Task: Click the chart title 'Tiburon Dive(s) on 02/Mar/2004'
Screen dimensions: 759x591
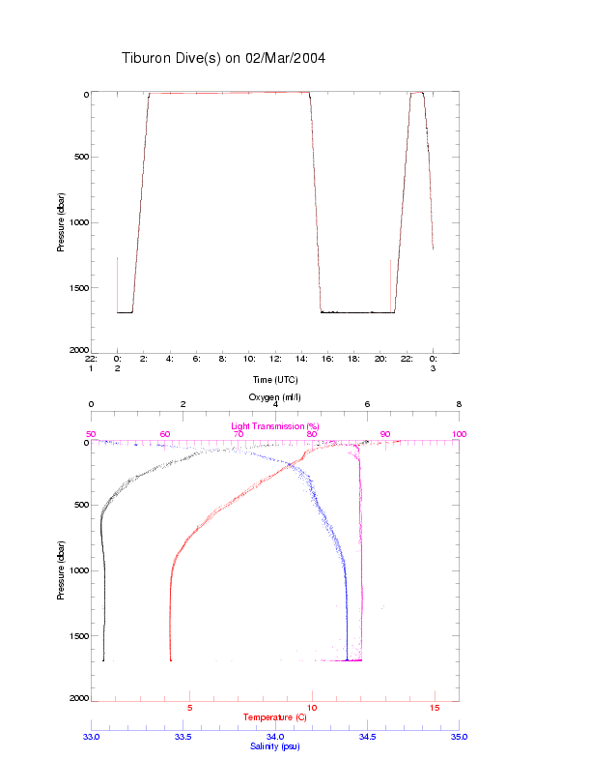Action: point(223,58)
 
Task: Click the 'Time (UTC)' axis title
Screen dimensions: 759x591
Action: point(274,380)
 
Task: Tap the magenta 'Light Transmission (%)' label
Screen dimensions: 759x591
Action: point(274,426)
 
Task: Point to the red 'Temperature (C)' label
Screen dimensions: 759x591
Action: point(274,717)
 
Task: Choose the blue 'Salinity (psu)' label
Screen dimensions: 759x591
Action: point(274,746)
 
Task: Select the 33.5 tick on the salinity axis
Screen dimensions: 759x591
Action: point(183,737)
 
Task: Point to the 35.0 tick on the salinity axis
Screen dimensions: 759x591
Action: point(459,737)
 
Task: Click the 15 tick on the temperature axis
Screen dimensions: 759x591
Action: point(435,708)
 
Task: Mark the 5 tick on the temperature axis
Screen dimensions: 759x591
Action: point(189,708)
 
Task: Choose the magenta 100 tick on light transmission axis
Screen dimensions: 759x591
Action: point(459,434)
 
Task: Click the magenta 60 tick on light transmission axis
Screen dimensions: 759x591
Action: point(164,434)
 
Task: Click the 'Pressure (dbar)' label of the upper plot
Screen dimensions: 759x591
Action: point(61,221)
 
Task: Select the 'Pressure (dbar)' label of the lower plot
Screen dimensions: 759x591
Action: point(61,569)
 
